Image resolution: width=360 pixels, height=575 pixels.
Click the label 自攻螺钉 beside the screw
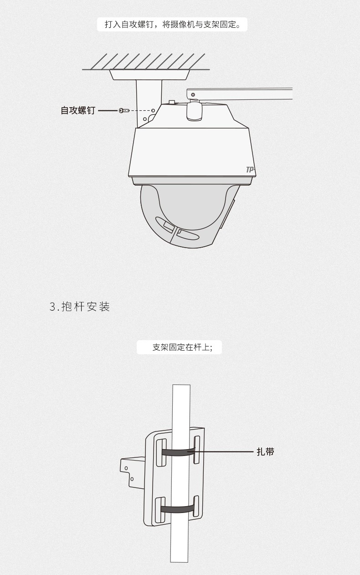pyautogui.click(x=78, y=111)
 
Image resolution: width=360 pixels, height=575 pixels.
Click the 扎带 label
pyautogui.click(x=265, y=451)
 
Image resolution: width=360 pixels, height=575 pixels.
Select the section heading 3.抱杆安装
pyautogui.click(x=80, y=306)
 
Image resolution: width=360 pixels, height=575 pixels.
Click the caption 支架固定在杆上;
pyautogui.click(x=182, y=347)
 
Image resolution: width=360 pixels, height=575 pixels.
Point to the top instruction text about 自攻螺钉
pyautogui.click(x=172, y=24)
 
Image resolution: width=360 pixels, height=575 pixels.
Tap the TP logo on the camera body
pyautogui.click(x=250, y=170)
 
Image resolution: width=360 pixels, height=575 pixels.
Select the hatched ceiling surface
pyautogui.click(x=146, y=62)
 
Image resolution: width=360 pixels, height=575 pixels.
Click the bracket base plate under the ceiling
pyautogui.click(x=149, y=75)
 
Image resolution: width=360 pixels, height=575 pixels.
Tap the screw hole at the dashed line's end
pyautogui.click(x=153, y=111)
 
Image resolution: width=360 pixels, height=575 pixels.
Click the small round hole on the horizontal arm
pyautogui.click(x=193, y=95)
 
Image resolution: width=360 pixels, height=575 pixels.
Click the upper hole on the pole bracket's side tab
pyautogui.click(x=126, y=468)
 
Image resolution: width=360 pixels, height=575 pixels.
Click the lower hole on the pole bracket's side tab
pyautogui.click(x=132, y=479)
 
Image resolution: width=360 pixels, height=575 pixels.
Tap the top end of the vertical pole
pyautogui.click(x=181, y=385)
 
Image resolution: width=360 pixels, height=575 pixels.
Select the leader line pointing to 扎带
pyautogui.click(x=221, y=451)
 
